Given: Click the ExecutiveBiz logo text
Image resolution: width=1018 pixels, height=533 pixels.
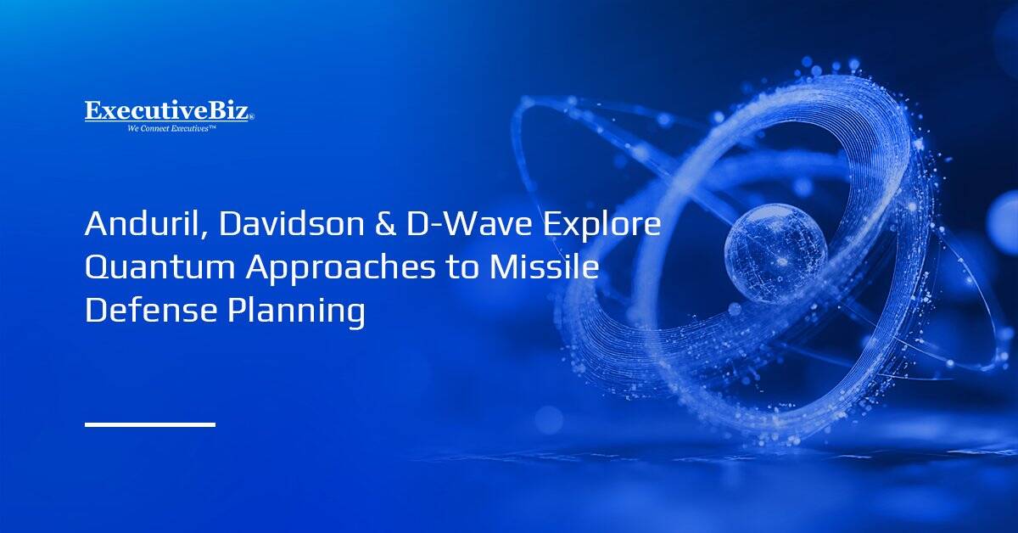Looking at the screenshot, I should coord(167,111).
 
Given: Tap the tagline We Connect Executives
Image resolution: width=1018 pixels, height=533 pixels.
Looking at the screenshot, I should coord(171,128).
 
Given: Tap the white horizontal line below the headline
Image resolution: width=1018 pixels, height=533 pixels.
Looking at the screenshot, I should coord(149,424).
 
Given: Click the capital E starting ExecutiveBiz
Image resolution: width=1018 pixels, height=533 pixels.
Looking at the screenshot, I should coord(92,111).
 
